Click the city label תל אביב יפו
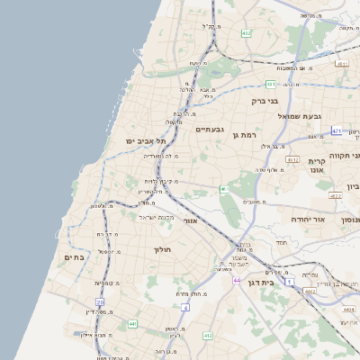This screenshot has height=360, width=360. click(148, 141)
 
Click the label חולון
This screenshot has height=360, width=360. click(162, 249)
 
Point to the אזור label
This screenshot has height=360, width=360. click(189, 220)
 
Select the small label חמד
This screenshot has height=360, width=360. click(281, 243)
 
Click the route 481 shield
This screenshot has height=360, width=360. click(342, 64)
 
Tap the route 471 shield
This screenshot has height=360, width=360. click(337, 130)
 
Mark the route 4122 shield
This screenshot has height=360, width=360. click(335, 195)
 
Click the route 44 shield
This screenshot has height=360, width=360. click(236, 281)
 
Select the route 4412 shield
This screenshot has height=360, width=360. click(310, 291)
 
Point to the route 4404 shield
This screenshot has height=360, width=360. click(348, 309)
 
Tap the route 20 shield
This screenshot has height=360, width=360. click(223, 189)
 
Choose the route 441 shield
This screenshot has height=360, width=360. click(132, 324)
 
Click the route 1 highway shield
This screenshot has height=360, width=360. click(290, 282)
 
